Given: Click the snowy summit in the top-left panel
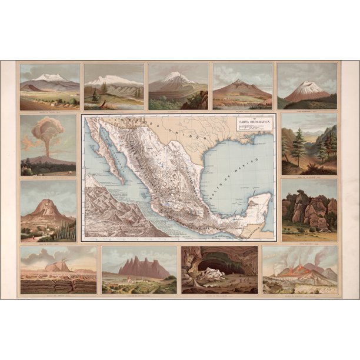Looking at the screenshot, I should click(49, 77).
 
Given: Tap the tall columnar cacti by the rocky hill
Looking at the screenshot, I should click(71, 231).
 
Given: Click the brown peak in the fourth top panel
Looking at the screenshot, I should click(238, 82).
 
